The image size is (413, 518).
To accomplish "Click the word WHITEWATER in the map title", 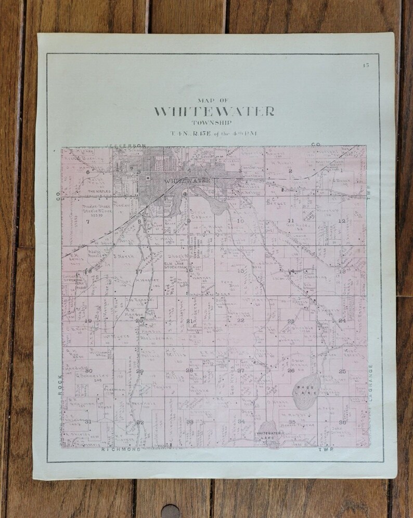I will click(x=214, y=112).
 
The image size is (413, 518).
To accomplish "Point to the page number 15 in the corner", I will click(x=366, y=65).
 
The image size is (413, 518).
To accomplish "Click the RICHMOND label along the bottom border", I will click(x=121, y=449).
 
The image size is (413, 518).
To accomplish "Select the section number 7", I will click(x=88, y=222).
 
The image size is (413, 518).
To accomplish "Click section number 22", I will click(x=240, y=321).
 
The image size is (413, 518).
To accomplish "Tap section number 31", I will click(x=88, y=421).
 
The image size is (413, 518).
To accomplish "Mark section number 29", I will click(x=139, y=371).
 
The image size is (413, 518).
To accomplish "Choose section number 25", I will click(x=342, y=371).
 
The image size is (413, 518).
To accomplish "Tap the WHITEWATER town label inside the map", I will click(x=187, y=181).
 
